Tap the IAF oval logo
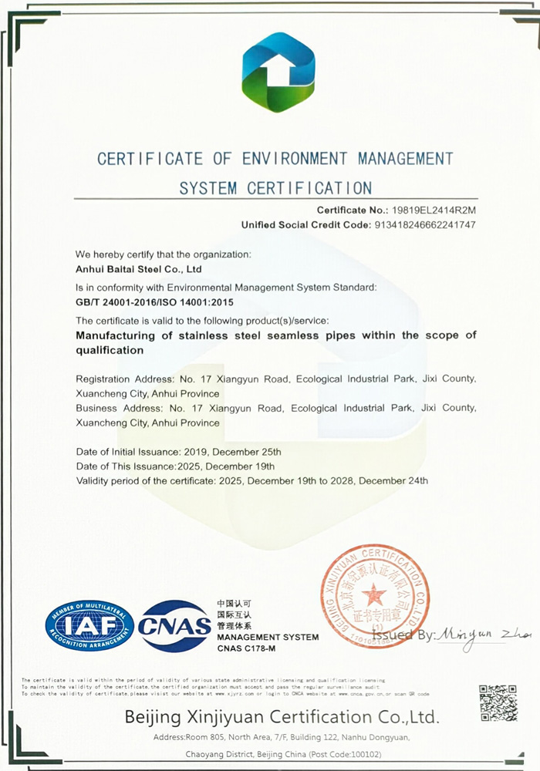click(x=89, y=625)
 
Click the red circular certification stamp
click(x=375, y=595)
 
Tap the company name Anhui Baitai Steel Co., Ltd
click(x=139, y=270)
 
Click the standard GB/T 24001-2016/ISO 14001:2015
click(x=154, y=302)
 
